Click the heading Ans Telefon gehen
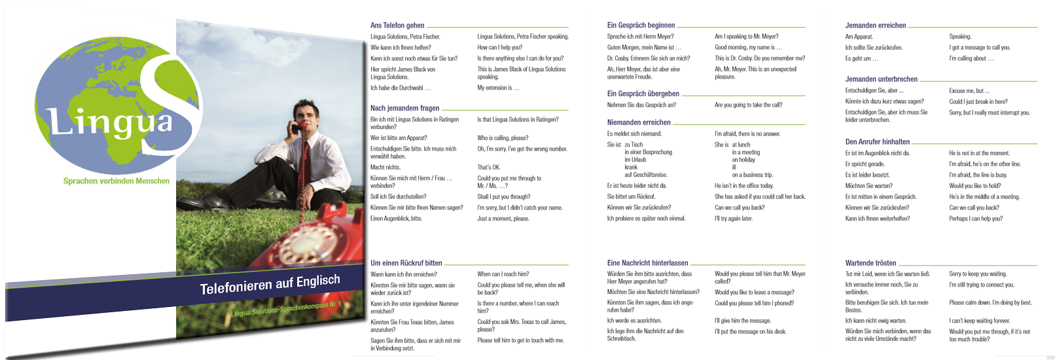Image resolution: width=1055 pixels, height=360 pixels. point(397,26)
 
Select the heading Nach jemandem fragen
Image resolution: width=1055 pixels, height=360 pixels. point(404,108)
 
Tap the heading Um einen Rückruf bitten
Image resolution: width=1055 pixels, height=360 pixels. point(406,263)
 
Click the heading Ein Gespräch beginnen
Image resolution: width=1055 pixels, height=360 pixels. point(641,26)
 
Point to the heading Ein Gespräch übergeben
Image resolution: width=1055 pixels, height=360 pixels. point(643,94)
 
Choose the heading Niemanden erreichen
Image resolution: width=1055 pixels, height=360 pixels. point(639,122)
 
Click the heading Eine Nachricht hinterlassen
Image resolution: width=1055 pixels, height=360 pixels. point(647,263)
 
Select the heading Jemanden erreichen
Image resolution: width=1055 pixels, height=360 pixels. point(875,26)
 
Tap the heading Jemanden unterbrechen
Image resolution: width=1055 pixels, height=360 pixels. point(881,79)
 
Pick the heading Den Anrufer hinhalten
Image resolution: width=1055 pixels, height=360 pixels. point(877,141)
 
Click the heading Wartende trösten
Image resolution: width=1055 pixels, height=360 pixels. point(870,263)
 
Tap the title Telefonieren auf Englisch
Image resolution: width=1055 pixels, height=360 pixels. point(270,285)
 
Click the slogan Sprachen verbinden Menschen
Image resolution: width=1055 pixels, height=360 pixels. point(116,181)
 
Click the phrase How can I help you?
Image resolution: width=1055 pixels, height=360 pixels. point(499,47)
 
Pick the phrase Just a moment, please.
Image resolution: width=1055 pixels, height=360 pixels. point(503,219)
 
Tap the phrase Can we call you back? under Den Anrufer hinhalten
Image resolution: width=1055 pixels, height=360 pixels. point(974,207)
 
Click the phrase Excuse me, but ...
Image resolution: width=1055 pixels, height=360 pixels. point(969,91)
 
